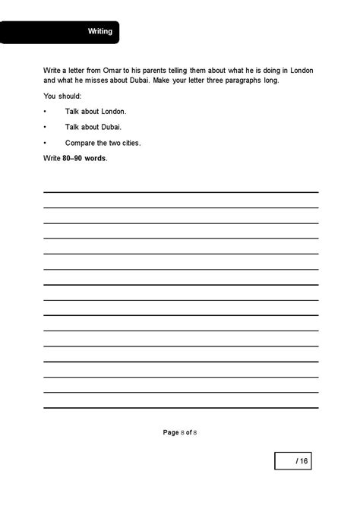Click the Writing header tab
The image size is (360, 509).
point(99,32)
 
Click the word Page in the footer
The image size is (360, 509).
point(171,432)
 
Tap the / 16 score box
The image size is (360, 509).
point(295,461)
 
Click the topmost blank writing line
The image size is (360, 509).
point(180,191)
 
